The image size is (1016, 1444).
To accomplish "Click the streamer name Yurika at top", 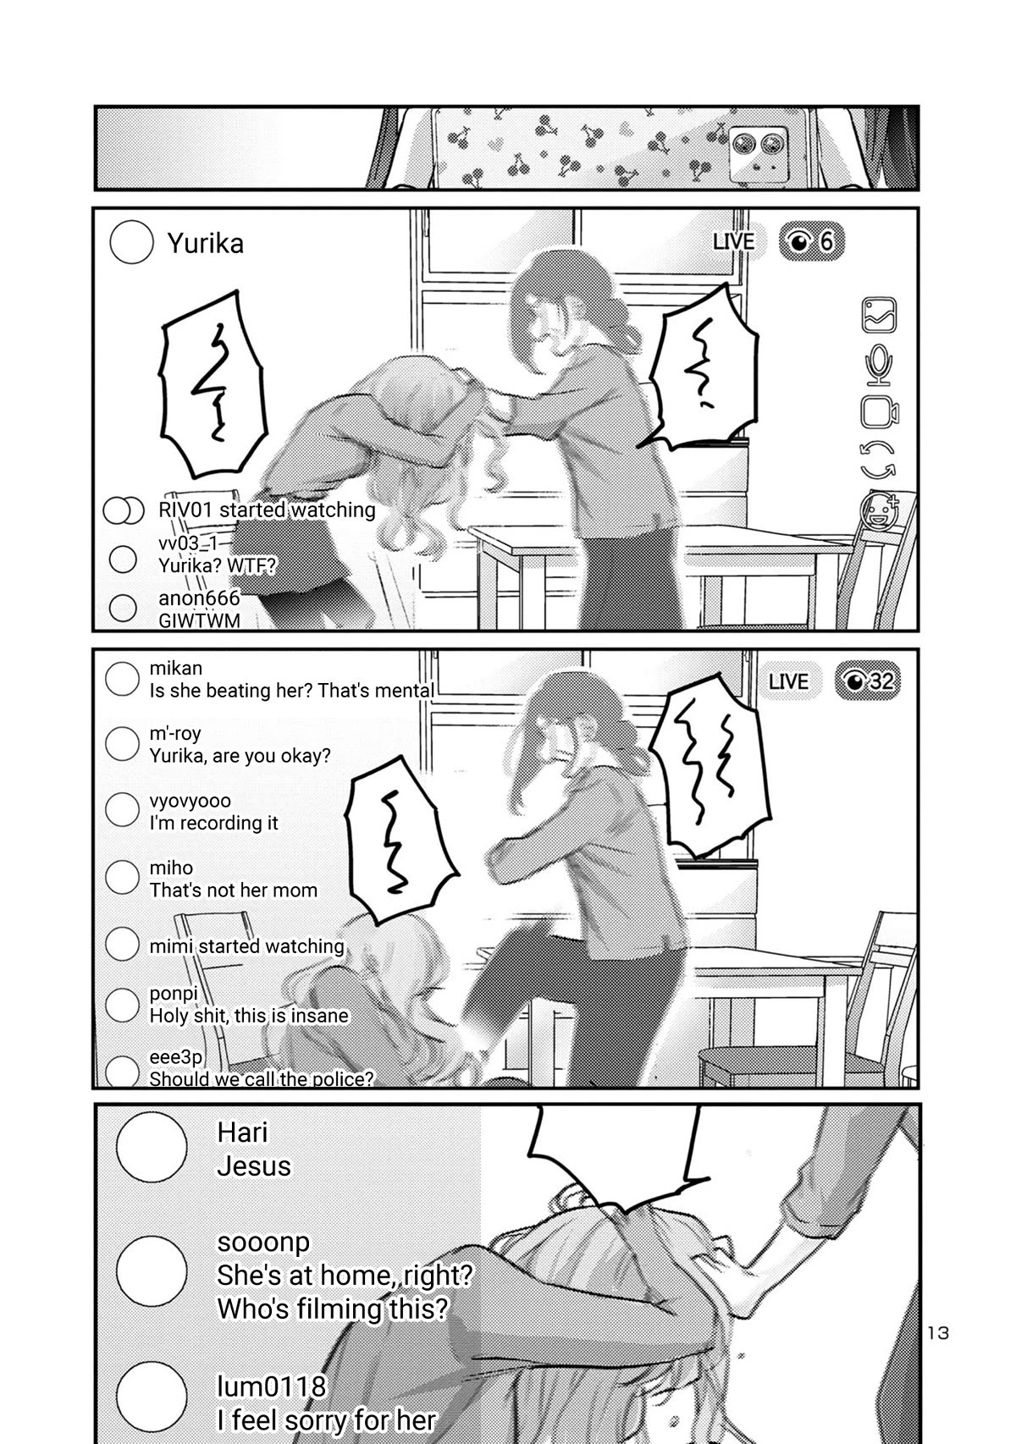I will [205, 244].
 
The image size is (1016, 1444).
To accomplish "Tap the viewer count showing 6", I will [811, 242].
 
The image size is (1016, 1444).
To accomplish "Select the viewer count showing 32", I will [869, 681].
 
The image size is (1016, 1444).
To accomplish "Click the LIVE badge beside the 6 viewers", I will [733, 242].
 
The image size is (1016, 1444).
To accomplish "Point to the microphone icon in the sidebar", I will [879, 363].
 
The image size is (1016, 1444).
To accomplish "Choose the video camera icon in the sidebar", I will [879, 412].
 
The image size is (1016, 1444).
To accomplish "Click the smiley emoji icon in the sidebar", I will [878, 510].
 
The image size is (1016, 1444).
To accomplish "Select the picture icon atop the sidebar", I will [879, 315].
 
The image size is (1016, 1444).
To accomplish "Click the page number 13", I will [938, 1333].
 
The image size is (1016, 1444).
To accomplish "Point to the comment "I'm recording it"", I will [213, 823].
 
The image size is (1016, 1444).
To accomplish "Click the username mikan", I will [175, 669].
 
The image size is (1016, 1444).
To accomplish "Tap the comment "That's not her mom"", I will [233, 890].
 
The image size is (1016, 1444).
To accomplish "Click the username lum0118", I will [271, 1386].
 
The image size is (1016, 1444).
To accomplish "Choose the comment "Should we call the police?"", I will [261, 1079].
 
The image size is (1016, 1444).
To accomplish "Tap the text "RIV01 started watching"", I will [267, 510].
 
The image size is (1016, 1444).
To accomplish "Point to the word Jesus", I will [253, 1166].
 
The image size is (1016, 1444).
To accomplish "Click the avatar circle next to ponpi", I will [122, 1005].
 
